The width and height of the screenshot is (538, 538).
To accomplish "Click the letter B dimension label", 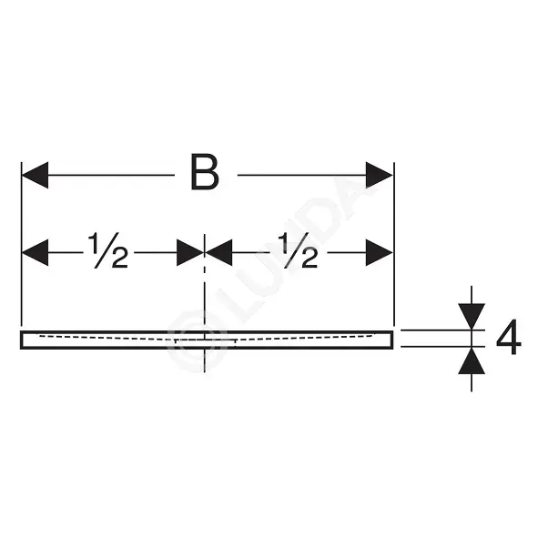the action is pyautogui.click(x=205, y=172).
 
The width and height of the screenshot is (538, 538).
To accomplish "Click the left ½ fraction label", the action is pyautogui.click(x=108, y=250).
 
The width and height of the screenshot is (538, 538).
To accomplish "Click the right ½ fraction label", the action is pyautogui.click(x=298, y=250).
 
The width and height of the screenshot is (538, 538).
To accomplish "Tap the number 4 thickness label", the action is pyautogui.click(x=509, y=338).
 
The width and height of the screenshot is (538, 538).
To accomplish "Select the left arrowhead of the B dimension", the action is pyautogui.click(x=35, y=175).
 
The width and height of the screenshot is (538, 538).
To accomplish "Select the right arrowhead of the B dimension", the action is pyautogui.click(x=379, y=175).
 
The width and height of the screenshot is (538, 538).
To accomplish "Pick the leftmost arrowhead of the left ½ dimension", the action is pyautogui.click(x=35, y=252).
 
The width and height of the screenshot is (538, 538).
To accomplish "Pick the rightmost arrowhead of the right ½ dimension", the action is pyautogui.click(x=379, y=252).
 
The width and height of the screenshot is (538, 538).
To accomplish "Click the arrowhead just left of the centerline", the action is pyautogui.click(x=190, y=252).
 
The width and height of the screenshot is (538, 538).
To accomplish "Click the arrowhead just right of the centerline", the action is pyautogui.click(x=218, y=252).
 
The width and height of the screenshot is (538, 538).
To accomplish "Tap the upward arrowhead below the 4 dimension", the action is pyautogui.click(x=472, y=360).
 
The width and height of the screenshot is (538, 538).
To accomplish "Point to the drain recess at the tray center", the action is pyautogui.click(x=205, y=341).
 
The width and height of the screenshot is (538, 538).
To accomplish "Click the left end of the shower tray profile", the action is pyautogui.click(x=22, y=340).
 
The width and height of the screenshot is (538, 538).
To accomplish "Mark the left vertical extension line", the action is pyautogui.click(x=21, y=244).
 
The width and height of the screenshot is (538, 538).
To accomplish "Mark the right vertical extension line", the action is pyautogui.click(x=394, y=244).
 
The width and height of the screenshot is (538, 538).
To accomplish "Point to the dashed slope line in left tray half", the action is pyautogui.click(x=107, y=338).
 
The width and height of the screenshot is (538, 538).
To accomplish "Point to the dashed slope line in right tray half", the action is pyautogui.click(x=305, y=337).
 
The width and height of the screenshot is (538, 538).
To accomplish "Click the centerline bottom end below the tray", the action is pyautogui.click(x=205, y=371).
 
